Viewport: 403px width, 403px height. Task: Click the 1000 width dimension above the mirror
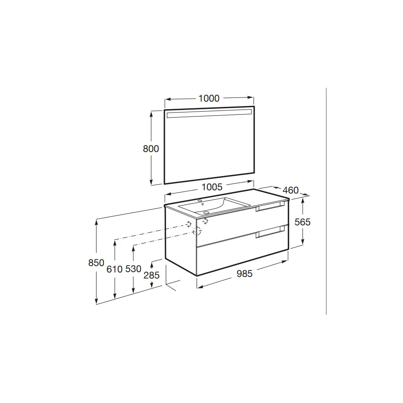(x=209, y=98)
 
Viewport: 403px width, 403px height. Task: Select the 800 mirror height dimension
(x=151, y=149)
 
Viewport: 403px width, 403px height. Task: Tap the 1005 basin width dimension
(x=212, y=187)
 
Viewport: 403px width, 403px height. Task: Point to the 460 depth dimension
(x=291, y=190)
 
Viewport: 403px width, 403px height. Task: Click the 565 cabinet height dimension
(x=303, y=222)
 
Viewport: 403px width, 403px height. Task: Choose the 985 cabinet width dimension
(x=245, y=274)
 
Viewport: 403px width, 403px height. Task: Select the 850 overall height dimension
(x=96, y=263)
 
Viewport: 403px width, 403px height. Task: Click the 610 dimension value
(x=114, y=269)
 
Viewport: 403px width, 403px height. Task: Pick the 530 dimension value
(x=133, y=269)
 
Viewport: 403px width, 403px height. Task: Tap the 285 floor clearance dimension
(x=152, y=275)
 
